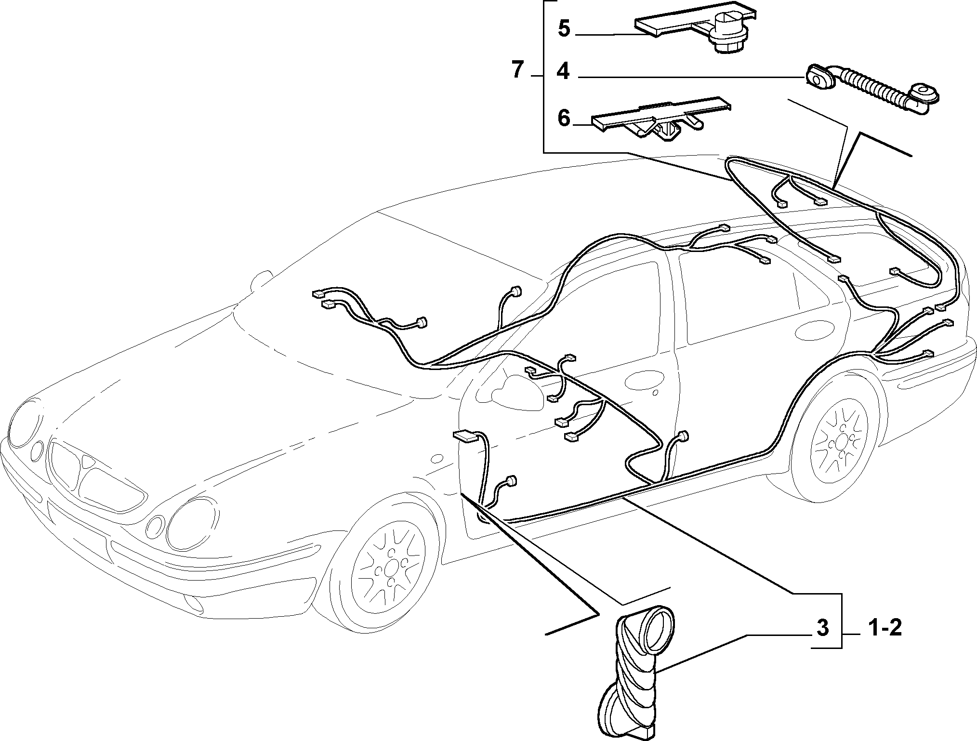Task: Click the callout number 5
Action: click(x=564, y=28)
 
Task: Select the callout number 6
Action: click(x=564, y=118)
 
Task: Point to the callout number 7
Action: click(x=517, y=71)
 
